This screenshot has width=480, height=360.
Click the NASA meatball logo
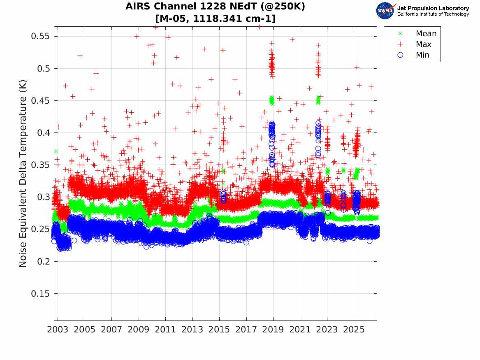pos(386,11)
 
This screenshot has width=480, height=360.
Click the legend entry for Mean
pos(418,33)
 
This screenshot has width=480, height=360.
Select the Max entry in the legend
pos(414,44)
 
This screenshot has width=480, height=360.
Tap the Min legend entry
pos(413,55)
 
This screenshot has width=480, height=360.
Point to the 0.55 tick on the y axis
pos(40,36)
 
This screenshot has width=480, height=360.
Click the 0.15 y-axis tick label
pos(40,294)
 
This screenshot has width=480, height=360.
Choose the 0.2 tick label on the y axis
pos(43,261)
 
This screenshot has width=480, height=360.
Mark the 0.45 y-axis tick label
pos(40,101)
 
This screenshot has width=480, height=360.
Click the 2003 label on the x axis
pos(58,330)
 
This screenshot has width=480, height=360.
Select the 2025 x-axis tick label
pos(354,330)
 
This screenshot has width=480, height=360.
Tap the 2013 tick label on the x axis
pos(192,330)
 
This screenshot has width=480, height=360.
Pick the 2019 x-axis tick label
pos(273,330)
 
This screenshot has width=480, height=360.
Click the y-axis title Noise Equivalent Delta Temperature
pos(23,174)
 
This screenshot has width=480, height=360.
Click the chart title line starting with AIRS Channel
pos(215,6)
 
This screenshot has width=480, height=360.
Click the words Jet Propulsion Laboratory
pos(433,8)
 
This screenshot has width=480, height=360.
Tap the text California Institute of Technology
pos(433,14)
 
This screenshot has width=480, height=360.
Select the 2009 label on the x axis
pos(138,330)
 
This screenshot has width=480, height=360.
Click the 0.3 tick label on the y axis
pos(43,197)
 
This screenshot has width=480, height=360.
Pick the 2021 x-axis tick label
pos(300,330)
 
